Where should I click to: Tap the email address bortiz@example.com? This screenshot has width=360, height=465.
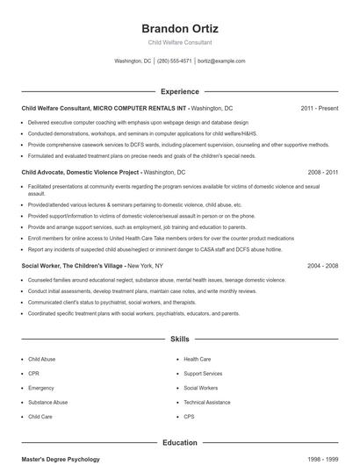click(x=221, y=61)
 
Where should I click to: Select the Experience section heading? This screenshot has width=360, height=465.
click(x=179, y=91)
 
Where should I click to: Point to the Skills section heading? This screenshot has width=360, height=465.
click(x=179, y=338)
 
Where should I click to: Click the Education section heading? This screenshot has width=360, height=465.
click(x=179, y=443)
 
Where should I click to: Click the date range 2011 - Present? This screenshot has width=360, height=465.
click(x=319, y=108)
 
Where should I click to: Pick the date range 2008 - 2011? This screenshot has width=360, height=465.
click(x=322, y=174)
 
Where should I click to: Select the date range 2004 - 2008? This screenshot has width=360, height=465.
click(x=322, y=265)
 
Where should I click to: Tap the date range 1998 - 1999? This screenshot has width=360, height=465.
click(x=322, y=460)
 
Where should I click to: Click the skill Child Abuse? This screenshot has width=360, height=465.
click(x=41, y=359)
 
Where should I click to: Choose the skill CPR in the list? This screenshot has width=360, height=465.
click(x=34, y=373)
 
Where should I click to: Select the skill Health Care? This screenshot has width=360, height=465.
click(x=197, y=359)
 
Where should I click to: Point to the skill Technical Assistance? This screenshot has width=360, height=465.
click(x=206, y=402)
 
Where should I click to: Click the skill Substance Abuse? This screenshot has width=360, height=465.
click(x=47, y=402)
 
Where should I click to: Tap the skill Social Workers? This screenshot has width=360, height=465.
click(x=201, y=388)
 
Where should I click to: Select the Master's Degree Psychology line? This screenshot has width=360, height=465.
click(x=61, y=460)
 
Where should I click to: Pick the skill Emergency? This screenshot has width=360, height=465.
click(x=41, y=388)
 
